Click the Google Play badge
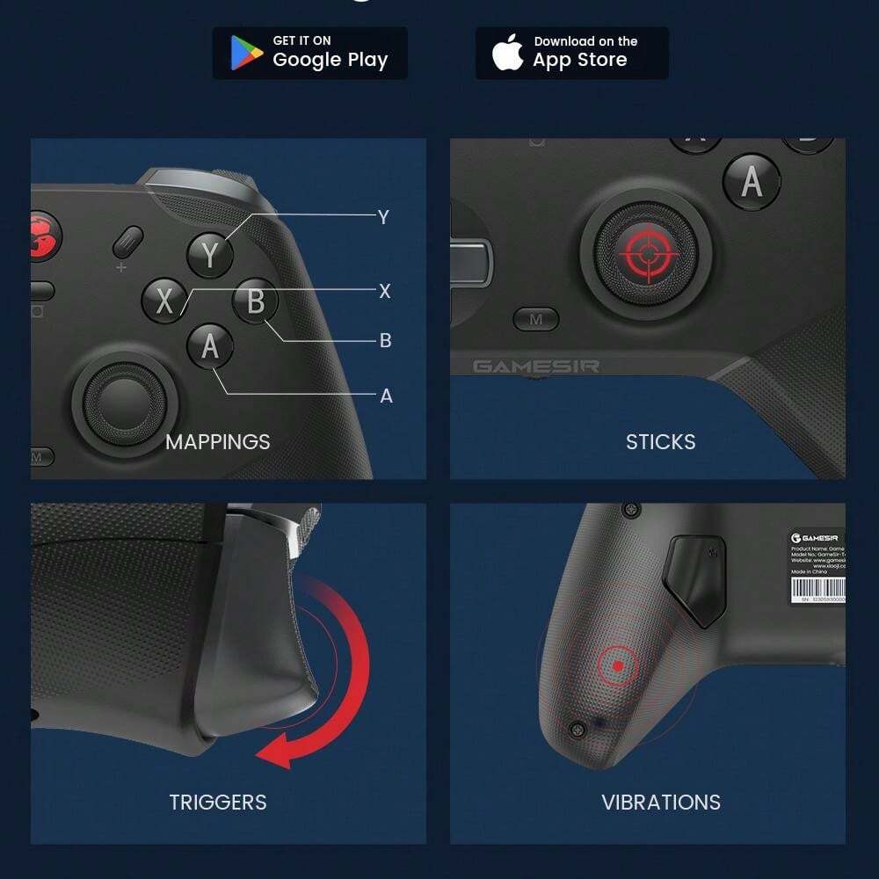click(309, 53)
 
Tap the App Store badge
click(571, 53)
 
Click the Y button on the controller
click(210, 255)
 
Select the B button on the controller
click(256, 301)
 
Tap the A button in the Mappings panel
click(210, 346)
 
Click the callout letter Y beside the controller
click(383, 217)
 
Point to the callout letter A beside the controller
click(386, 396)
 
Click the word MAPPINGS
click(218, 441)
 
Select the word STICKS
click(660, 441)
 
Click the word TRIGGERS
click(218, 802)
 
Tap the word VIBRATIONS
click(660, 802)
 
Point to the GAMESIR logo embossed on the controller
click(536, 366)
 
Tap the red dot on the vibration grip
click(619, 666)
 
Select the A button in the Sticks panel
click(752, 181)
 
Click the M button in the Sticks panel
click(536, 320)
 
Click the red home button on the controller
click(42, 236)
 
